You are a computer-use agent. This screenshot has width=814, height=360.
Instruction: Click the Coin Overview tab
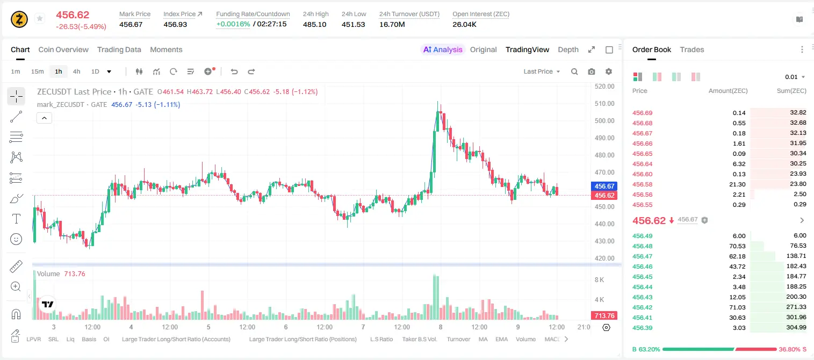coord(63,49)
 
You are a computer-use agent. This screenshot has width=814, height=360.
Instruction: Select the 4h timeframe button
coord(76,71)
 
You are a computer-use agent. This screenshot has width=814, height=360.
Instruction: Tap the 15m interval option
coord(38,71)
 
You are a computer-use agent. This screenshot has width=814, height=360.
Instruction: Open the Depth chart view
coord(568,49)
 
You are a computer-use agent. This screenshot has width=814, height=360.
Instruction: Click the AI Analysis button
coord(443,49)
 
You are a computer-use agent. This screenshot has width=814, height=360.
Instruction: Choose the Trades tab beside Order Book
coord(692,49)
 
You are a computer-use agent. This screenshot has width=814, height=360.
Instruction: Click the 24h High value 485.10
coord(315,24)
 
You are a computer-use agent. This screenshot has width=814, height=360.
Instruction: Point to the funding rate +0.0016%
coord(233,24)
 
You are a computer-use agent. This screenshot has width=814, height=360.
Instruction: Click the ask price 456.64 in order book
coord(642,164)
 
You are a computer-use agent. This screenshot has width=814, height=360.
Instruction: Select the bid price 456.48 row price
coord(642,246)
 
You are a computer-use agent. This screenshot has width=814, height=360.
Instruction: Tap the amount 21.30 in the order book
coord(737,184)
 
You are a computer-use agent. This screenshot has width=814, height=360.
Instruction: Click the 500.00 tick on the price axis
coord(604,120)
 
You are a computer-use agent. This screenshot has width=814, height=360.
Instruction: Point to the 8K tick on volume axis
coord(599,280)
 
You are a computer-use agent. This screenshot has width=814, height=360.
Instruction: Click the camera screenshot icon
coord(592,71)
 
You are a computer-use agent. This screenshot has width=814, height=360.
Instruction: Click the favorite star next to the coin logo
coord(40,18)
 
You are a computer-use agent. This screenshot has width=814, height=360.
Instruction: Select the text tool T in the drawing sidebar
coord(16,219)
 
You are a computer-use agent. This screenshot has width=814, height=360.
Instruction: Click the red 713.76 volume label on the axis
coord(604,316)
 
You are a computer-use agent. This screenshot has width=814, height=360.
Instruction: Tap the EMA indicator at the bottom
coord(501,339)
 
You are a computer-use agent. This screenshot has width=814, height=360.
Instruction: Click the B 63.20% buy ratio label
coord(646,349)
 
